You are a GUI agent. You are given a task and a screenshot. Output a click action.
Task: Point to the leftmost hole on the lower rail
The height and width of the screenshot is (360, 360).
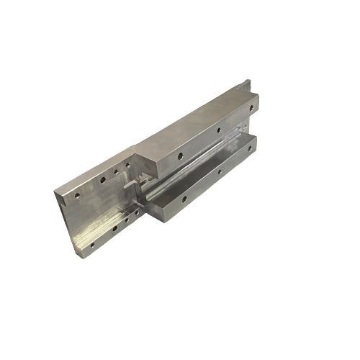(x=185, y=196)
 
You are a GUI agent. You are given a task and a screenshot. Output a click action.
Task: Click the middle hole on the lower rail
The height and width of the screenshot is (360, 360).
(x=220, y=171)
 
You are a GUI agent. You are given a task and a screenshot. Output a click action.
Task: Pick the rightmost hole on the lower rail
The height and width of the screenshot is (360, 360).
(x=251, y=150)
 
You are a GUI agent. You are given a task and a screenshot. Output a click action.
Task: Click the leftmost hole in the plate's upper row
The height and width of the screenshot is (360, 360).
(x=77, y=193)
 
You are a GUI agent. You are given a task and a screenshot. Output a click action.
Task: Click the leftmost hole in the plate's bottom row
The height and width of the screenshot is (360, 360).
(x=94, y=243)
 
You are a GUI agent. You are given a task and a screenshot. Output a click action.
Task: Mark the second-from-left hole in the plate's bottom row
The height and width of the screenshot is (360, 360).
(x=114, y=230)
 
